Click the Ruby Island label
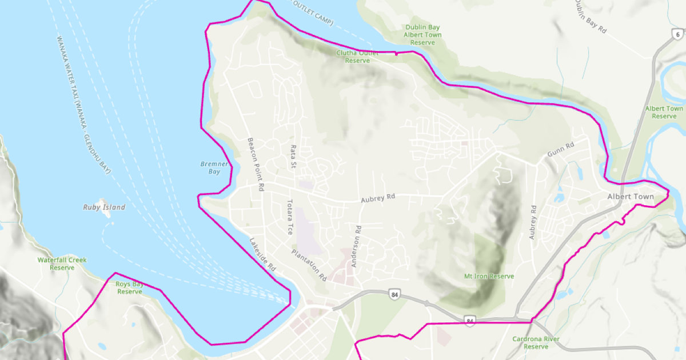(x=103, y=207)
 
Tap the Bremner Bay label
(x=214, y=167)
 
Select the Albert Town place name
(x=630, y=197)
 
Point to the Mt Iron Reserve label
(x=489, y=277)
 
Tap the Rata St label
(x=293, y=157)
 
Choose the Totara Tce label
(x=290, y=217)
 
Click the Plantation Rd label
(x=309, y=265)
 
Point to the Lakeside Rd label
(x=262, y=254)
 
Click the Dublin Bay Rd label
(x=591, y=17)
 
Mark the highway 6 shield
(x=677, y=35)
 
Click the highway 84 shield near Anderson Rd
(x=394, y=295)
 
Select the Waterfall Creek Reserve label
(x=62, y=263)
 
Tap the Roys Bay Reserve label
(x=130, y=287)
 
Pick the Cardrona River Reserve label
(x=536, y=343)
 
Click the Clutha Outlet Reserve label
(x=357, y=57)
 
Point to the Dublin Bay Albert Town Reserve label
(x=423, y=35)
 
